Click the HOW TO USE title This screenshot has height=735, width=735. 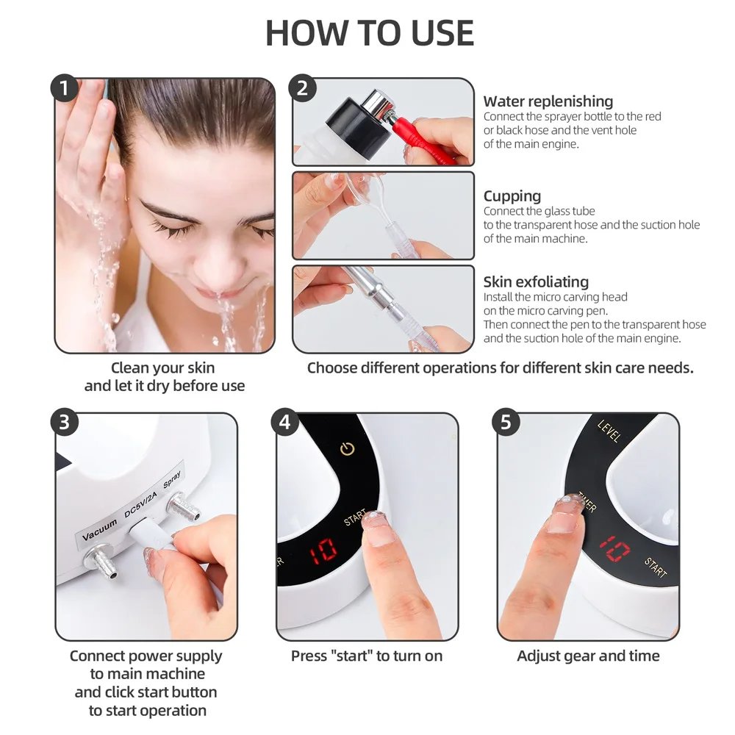pos(369,33)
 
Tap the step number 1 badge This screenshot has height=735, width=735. pos(65,89)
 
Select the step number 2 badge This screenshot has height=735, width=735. pos(302,89)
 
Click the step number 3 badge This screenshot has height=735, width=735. pos(65,423)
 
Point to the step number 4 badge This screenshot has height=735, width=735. pos(285,423)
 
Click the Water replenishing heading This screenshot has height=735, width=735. pos(548,101)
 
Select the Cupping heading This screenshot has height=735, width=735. pos(512,196)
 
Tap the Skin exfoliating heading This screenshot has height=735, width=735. pos(536,282)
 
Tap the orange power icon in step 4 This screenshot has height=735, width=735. pos(348,448)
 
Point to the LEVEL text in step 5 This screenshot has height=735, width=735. pos(609,431)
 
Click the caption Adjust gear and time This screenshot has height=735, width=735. pos(588,656)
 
